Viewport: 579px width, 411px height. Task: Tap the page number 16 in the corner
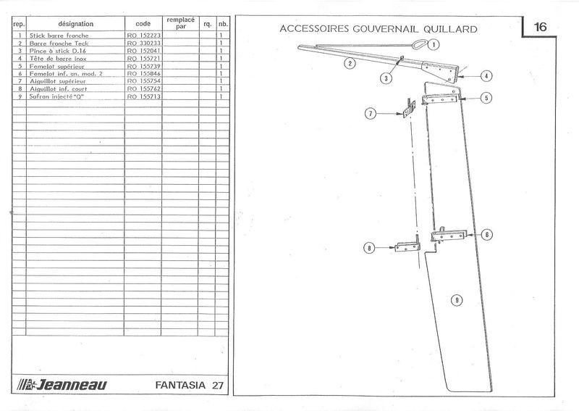click(540, 27)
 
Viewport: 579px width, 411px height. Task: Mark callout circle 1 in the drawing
click(434, 43)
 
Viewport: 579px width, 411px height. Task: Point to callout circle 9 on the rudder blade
click(457, 300)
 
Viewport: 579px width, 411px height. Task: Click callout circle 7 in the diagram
click(371, 114)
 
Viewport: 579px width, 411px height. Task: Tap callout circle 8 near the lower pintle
click(370, 247)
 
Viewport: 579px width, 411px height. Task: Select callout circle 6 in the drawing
click(486, 234)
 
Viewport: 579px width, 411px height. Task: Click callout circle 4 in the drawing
click(486, 75)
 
